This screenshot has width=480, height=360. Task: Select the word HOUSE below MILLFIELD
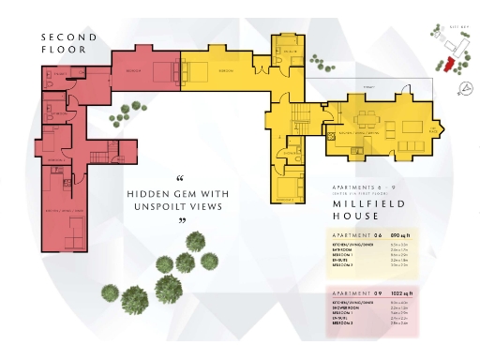pyautogui.click(x=353, y=217)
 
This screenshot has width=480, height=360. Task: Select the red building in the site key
pyautogui.click(x=448, y=63)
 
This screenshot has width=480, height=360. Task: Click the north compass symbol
pyautogui.click(x=465, y=89)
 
